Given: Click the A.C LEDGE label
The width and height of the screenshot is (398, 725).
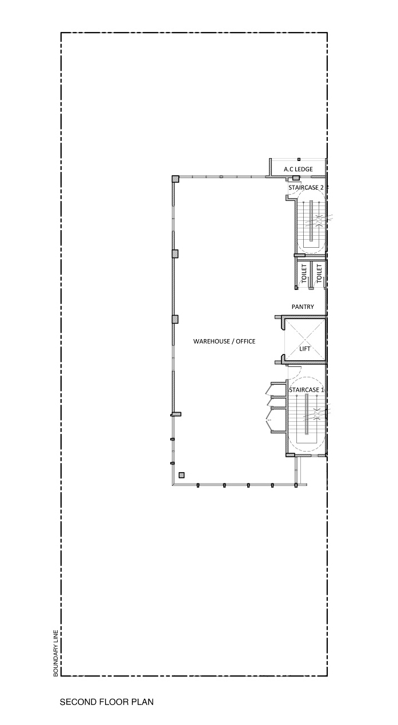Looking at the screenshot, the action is [x=298, y=169].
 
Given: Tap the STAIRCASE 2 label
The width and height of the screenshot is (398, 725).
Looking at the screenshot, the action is [x=306, y=187].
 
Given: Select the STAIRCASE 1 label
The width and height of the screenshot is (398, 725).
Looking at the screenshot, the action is [x=307, y=390].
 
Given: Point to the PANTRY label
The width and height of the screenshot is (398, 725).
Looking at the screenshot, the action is [x=303, y=307].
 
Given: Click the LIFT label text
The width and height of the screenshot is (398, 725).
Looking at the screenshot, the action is [x=305, y=349].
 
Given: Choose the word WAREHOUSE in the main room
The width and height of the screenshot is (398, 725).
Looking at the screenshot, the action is [x=212, y=341].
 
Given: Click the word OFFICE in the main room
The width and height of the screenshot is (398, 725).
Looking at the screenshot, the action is [x=246, y=341].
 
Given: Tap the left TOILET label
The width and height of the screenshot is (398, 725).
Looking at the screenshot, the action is [x=304, y=273].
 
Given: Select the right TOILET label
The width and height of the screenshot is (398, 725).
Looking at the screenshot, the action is [x=319, y=273].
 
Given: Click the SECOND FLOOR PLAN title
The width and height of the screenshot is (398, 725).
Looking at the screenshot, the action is [x=107, y=702].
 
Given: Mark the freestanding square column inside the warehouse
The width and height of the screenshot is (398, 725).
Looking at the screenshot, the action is [x=182, y=475].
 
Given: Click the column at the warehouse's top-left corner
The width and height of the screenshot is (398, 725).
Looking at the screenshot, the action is [x=175, y=179].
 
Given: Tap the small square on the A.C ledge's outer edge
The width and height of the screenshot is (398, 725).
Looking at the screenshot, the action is [x=299, y=159].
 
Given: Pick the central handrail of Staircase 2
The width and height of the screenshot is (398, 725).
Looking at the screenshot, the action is [x=311, y=221].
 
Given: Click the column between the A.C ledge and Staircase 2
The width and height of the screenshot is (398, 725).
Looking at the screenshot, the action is [x=296, y=178].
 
